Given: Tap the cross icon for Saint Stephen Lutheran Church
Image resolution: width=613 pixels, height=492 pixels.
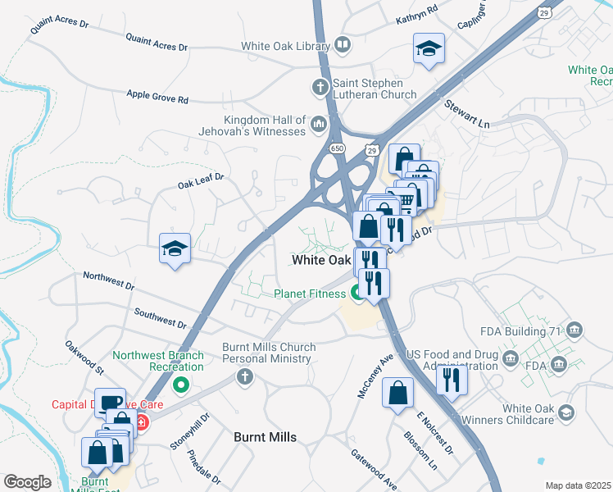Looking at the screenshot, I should (320, 86).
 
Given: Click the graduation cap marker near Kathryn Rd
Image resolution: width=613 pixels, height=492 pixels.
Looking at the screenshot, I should (429, 48).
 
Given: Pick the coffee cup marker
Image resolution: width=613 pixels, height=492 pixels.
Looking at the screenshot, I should (110, 403).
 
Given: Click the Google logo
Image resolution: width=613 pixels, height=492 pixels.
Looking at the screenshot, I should (27, 482).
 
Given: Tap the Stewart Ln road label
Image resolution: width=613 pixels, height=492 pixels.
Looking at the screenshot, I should (466, 114).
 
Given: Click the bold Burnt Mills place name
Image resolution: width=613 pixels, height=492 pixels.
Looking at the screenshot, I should (266, 437).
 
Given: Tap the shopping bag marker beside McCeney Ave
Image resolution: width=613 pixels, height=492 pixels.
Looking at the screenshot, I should (397, 393).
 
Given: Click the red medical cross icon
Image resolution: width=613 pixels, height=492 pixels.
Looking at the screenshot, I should (141, 423).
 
